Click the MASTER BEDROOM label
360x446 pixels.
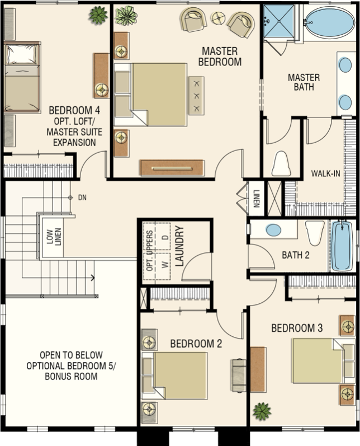click(220, 57)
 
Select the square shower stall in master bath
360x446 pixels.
click(279, 21)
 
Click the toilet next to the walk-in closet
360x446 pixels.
click(281, 164)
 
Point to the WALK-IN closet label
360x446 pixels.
click(325, 173)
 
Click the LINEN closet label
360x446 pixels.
click(255, 198)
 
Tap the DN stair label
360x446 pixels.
click(82, 198)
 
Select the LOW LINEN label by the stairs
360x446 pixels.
click(54, 237)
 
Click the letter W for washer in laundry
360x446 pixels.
click(165, 265)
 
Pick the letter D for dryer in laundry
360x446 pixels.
click(165, 237)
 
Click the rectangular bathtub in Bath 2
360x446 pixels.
click(342, 246)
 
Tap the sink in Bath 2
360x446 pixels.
click(274, 230)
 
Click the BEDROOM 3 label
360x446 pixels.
click(297, 328)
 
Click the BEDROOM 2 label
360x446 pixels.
click(196, 344)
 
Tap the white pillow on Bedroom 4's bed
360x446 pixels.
click(22, 54)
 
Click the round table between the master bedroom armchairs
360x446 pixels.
click(218, 18)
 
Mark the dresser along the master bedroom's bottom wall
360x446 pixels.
click(173, 168)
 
